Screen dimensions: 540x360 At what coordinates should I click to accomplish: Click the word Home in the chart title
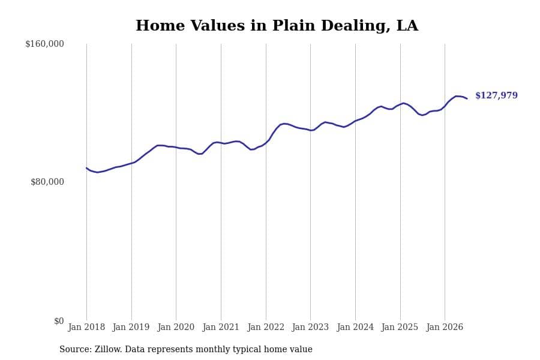click(160, 25)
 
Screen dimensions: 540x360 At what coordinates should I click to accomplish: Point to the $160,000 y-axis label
click(45, 44)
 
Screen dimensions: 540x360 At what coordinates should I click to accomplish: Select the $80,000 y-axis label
click(47, 182)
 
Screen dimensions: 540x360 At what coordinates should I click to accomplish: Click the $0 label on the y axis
click(59, 321)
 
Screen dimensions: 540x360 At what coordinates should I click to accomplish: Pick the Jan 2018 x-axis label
click(86, 327)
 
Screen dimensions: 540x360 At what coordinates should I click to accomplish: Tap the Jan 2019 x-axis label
click(131, 327)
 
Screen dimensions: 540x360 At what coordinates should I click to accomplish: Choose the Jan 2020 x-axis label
click(176, 327)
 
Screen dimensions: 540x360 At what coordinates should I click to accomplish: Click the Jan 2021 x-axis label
click(221, 327)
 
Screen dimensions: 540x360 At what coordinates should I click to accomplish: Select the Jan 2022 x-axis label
click(266, 327)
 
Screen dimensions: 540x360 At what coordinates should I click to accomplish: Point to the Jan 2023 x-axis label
click(310, 327)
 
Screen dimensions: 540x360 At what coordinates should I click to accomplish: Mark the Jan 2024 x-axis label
click(355, 327)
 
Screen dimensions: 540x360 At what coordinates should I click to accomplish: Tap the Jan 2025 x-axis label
click(400, 327)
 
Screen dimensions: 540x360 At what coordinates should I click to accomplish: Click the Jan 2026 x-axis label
click(445, 327)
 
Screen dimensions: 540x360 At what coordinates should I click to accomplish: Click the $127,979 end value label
click(497, 95)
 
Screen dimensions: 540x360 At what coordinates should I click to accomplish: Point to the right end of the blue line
click(467, 99)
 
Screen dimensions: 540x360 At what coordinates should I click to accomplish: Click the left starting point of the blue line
click(87, 168)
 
